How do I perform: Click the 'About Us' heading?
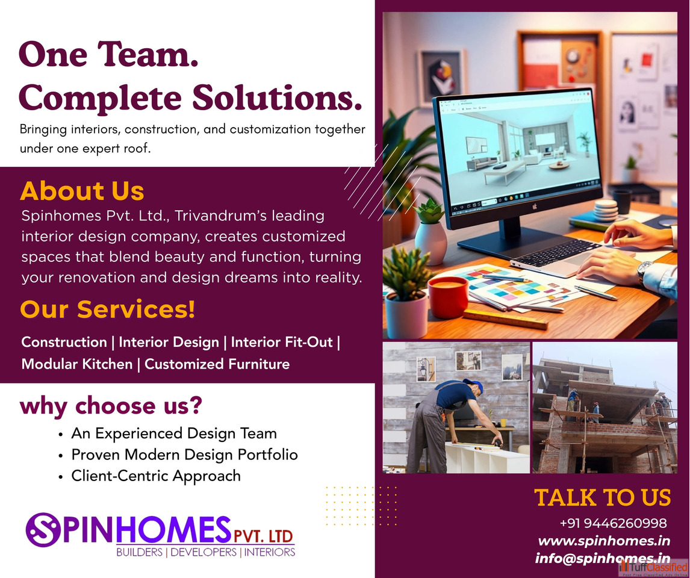click(82, 191)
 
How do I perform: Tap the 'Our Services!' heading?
click(107, 309)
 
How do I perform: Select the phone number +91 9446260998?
click(613, 523)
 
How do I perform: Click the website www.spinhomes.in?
click(604, 541)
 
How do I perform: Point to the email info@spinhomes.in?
click(603, 558)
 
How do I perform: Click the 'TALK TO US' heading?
click(603, 497)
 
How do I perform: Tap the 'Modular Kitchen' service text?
click(77, 364)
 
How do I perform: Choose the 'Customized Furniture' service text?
click(217, 364)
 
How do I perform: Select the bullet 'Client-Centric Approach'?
click(156, 476)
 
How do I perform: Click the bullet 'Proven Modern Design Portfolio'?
click(184, 455)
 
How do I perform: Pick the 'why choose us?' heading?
click(111, 405)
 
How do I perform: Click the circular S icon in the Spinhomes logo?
click(43, 530)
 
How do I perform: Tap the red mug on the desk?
click(448, 297)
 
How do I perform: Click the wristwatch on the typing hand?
click(645, 270)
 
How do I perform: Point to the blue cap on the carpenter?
click(473, 385)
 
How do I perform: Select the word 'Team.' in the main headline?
click(148, 55)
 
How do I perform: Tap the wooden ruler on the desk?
click(506, 319)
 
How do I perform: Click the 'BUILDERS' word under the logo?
click(140, 552)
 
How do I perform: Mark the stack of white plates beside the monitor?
click(606, 210)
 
